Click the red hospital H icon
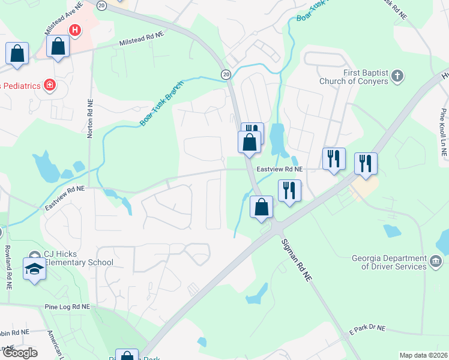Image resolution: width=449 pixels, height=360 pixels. [x=75, y=29]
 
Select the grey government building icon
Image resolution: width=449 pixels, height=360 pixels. [x=436, y=262]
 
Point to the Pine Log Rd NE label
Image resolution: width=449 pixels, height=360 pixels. [x=67, y=306]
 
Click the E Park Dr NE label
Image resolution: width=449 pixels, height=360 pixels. [x=367, y=329]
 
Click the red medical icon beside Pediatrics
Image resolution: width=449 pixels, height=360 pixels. [x=50, y=85]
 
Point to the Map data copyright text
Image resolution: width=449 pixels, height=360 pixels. [x=424, y=355]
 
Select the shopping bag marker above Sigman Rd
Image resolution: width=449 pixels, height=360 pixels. [x=261, y=207]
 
